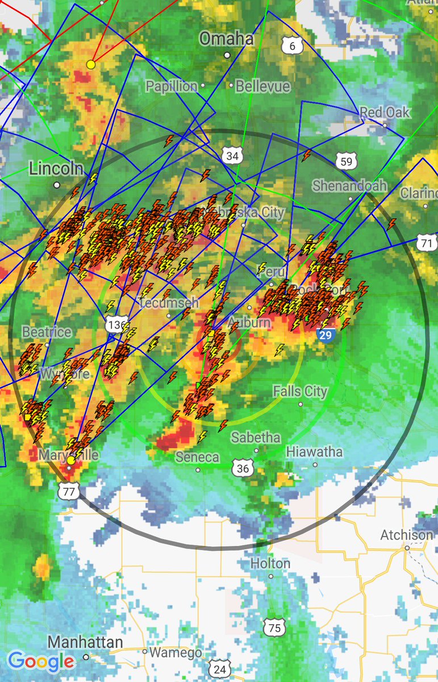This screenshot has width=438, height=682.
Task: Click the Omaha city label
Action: pyautogui.click(x=226, y=39)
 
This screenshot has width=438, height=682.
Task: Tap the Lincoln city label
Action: pyautogui.click(x=56, y=168)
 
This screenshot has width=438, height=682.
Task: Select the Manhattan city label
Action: pyautogui.click(x=85, y=643)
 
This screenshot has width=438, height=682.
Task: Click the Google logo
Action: pyautogui.click(x=40, y=662)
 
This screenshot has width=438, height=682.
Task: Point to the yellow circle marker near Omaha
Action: pyautogui.click(x=90, y=64)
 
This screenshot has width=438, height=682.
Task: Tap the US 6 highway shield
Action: pyautogui.click(x=292, y=45)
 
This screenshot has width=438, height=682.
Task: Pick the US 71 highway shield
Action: pyautogui.click(x=427, y=243)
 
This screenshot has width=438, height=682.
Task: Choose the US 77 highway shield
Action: pyautogui.click(x=69, y=492)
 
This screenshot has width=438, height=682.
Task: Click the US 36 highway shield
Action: pyautogui.click(x=243, y=468)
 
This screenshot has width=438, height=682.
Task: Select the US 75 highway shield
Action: pyautogui.click(x=274, y=627)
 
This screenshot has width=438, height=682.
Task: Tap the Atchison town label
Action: pyautogui.click(x=407, y=535)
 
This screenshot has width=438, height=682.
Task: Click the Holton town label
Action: pyautogui.click(x=270, y=564)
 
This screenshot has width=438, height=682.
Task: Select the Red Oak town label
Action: pyautogui.click(x=385, y=113)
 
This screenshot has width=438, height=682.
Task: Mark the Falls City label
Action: pyautogui.click(x=300, y=392)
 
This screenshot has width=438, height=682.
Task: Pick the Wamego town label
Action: pyautogui.click(x=176, y=653)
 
